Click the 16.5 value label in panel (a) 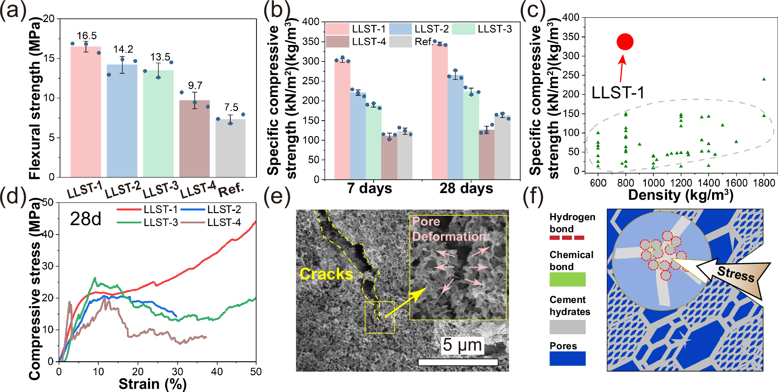click(x=86, y=36)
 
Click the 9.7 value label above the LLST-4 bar click(x=195, y=85)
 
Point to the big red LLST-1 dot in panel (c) click(x=625, y=42)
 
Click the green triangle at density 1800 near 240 click(x=764, y=79)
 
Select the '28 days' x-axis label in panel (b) click(x=466, y=188)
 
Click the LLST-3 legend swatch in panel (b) click(x=463, y=29)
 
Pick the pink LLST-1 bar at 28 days click(x=440, y=111)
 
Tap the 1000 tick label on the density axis click(x=653, y=183)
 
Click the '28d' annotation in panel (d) click(x=86, y=219)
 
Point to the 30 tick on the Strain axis click(x=177, y=372)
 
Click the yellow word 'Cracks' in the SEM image click(x=326, y=274)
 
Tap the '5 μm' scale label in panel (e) click(x=462, y=345)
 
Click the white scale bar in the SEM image click(x=458, y=362)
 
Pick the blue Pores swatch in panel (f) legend click(x=567, y=359)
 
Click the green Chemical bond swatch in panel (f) click(x=567, y=279)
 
